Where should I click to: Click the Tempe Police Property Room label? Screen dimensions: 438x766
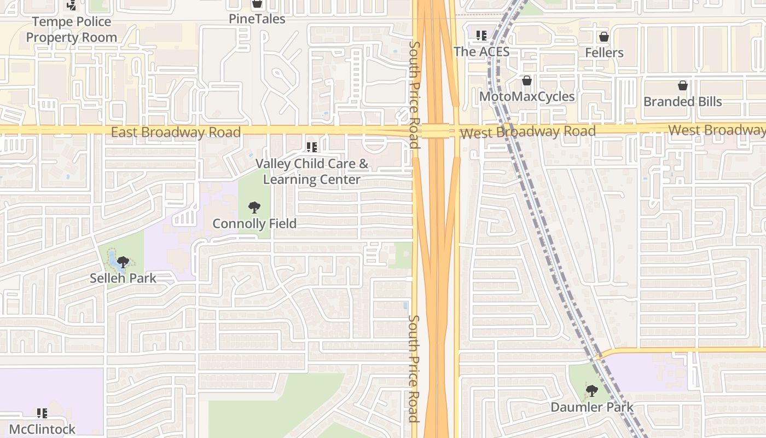[72, 30]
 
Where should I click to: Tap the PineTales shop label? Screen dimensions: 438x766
[257, 19]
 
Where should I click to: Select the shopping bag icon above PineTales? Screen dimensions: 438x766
[257, 4]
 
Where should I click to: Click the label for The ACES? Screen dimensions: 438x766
[481, 51]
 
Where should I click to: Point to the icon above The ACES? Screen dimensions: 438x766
[481, 36]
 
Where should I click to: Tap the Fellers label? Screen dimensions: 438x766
[604, 53]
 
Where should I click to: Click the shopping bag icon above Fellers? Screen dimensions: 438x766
[604, 37]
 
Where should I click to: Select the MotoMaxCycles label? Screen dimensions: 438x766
[526, 96]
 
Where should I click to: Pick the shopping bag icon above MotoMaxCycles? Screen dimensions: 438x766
[526, 81]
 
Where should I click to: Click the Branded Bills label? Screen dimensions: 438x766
[682, 101]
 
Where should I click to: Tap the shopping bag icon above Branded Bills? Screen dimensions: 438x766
[682, 85]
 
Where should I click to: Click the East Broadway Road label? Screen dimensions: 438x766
[176, 132]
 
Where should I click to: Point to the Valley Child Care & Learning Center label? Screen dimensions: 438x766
[312, 171]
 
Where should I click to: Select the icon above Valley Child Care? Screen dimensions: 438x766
[312, 147]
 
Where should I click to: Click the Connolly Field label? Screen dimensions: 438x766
[254, 223]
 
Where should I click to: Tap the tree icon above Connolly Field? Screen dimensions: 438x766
[254, 208]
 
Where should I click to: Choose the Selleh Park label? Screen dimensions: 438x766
[123, 278]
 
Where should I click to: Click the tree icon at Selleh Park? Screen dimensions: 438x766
[123, 262]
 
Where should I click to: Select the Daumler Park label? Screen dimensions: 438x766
[592, 407]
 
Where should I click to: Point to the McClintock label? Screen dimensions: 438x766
[42, 429]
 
